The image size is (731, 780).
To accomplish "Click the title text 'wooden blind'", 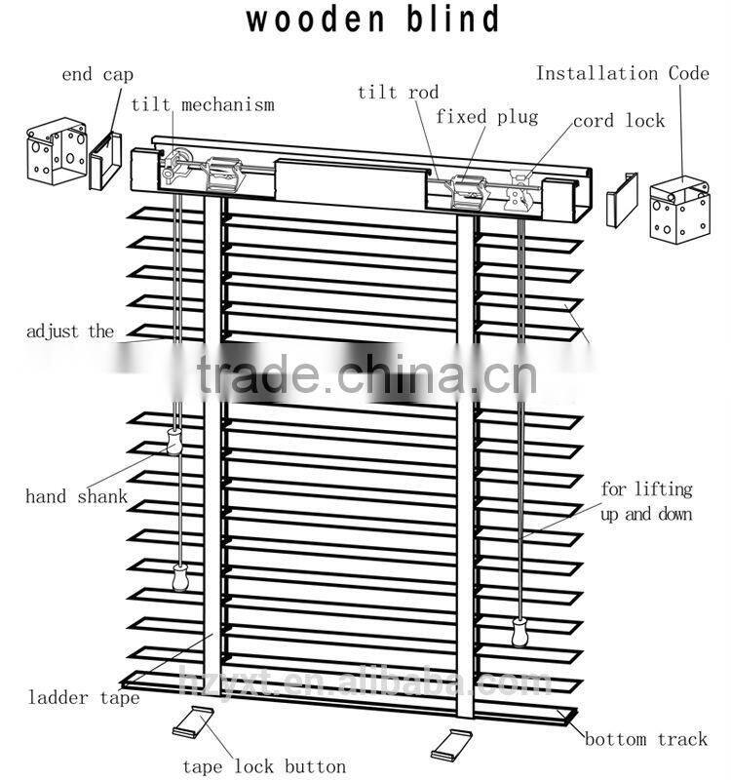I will (373, 19).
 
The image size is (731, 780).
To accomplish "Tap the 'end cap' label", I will (97, 74).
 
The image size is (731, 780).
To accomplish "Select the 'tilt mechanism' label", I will (202, 104).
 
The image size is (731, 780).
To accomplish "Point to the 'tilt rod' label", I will (398, 93).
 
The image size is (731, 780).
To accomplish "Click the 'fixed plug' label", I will (486, 117).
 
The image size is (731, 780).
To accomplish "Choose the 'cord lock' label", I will (618, 121).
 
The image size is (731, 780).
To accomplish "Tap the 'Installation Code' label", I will (623, 73).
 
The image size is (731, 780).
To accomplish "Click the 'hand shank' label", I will (76, 496).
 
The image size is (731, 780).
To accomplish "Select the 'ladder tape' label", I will (83, 697).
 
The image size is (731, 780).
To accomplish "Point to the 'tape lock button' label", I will (263, 766).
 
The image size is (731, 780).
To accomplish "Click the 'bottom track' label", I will (646, 739).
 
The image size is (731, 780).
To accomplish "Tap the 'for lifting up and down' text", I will (646, 501).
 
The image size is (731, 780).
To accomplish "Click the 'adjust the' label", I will (70, 331).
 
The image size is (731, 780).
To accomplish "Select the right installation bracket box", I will (679, 207).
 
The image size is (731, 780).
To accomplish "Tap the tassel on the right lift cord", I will (518, 633).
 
